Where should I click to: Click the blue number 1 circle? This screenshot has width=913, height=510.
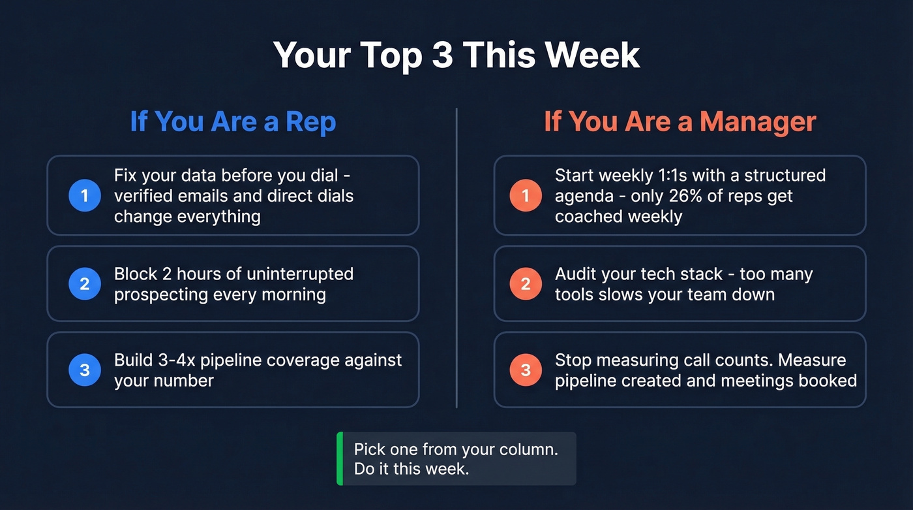pyautogui.click(x=85, y=195)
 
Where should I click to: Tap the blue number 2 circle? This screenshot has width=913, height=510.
pyautogui.click(x=85, y=283)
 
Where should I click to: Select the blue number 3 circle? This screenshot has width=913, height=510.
pyautogui.click(x=85, y=370)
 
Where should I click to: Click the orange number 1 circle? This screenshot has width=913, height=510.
pyautogui.click(x=526, y=195)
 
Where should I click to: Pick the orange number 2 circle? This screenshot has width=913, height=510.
pyautogui.click(x=526, y=283)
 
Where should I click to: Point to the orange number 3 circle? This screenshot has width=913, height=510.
pyautogui.click(x=526, y=370)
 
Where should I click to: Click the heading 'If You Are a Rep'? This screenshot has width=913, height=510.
pyautogui.click(x=233, y=122)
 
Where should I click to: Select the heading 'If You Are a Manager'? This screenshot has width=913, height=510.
pyautogui.click(x=680, y=122)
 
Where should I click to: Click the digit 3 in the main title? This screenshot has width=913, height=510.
pyautogui.click(x=443, y=55)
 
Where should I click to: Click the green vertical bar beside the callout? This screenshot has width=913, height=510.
pyautogui.click(x=340, y=458)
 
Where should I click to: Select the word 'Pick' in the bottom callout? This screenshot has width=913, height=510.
pyautogui.click(x=370, y=449)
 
